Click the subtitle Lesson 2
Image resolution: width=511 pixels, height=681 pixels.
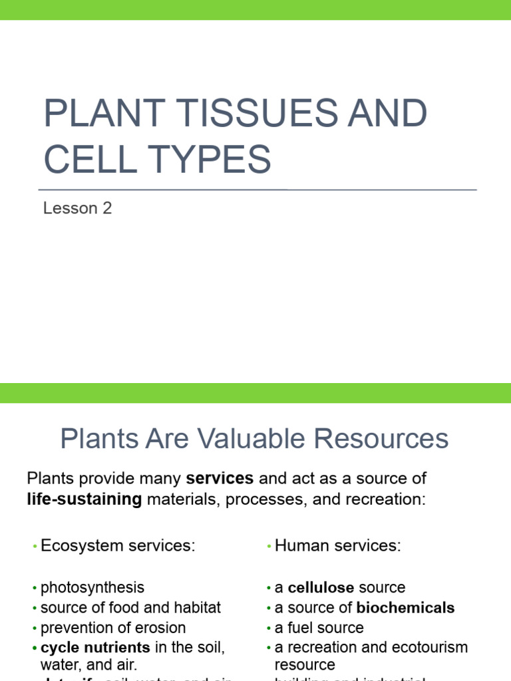tap(77, 208)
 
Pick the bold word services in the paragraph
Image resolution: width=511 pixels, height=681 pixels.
tap(220, 478)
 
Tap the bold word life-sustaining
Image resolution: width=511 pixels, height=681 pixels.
tap(85, 499)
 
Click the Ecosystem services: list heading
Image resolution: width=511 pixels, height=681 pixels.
tap(118, 546)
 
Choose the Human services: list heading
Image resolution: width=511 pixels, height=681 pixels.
tap(338, 546)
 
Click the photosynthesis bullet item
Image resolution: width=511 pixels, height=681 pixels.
tap(92, 588)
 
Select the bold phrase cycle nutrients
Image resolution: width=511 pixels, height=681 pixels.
tap(95, 647)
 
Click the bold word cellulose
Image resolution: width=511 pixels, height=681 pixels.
tap(321, 588)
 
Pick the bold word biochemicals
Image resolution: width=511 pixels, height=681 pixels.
tap(406, 608)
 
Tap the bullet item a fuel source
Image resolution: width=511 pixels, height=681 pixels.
tap(319, 628)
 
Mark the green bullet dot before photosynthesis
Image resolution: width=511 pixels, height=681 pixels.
tap(34, 589)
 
